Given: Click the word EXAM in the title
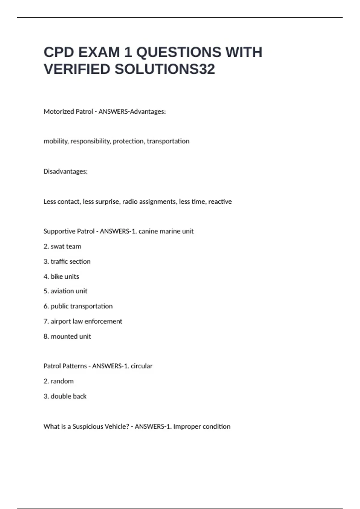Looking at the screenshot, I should [x=99, y=52].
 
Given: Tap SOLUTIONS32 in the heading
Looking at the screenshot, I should [x=165, y=69].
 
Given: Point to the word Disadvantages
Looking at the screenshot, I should [x=65, y=172].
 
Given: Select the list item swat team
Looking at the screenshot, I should [x=62, y=246].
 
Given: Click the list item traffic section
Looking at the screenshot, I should [x=67, y=261].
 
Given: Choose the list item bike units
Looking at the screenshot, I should [x=61, y=277].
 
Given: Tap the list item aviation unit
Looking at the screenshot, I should [x=65, y=291].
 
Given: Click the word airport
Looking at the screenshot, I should [x=61, y=321].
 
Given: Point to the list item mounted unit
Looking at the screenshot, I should [x=67, y=337].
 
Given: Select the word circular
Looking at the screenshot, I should [x=142, y=366].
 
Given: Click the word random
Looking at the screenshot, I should [x=62, y=381].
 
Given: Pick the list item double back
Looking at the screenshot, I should [x=65, y=396].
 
